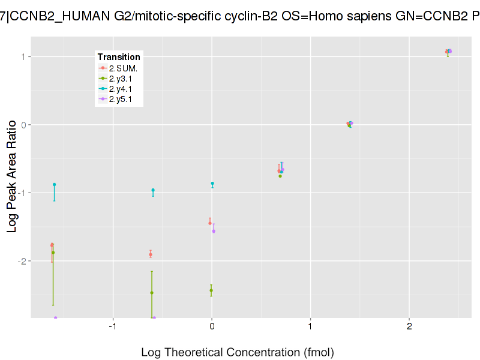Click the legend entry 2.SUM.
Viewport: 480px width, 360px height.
click(122, 68)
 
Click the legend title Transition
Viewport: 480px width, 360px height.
click(119, 57)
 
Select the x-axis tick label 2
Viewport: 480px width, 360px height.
click(409, 326)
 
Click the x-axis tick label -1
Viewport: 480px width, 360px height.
click(112, 326)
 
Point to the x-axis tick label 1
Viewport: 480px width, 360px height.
click(310, 326)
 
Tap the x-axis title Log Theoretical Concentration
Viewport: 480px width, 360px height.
click(237, 352)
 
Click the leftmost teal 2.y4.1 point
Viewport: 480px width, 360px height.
click(54, 185)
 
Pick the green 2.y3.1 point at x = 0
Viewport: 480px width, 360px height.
click(211, 290)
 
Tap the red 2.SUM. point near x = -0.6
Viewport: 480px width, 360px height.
click(151, 254)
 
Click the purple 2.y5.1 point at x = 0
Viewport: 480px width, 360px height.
click(214, 231)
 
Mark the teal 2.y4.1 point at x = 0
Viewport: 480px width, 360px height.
click(212, 184)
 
